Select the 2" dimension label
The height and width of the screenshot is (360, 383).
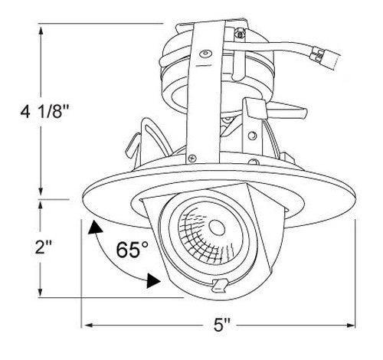(44, 247)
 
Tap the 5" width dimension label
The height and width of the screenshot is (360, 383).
(221, 325)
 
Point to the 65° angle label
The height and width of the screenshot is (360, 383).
(132, 249)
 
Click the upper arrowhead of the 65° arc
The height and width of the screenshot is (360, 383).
(95, 227)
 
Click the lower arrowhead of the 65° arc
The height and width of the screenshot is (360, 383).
(153, 281)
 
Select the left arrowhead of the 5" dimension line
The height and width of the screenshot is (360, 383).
(87, 325)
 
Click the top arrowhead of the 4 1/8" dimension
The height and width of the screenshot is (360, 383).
(41, 31)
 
